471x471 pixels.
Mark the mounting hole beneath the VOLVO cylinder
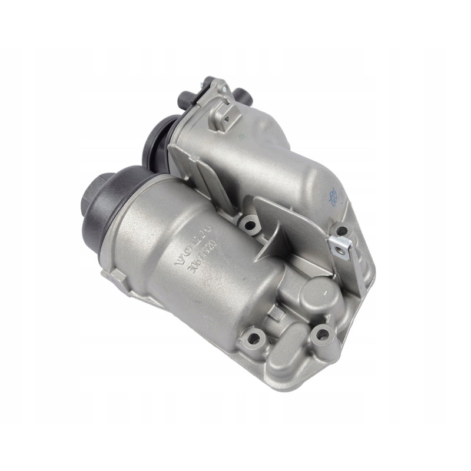point(254,337)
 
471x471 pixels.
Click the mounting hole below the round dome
point(322,334)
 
